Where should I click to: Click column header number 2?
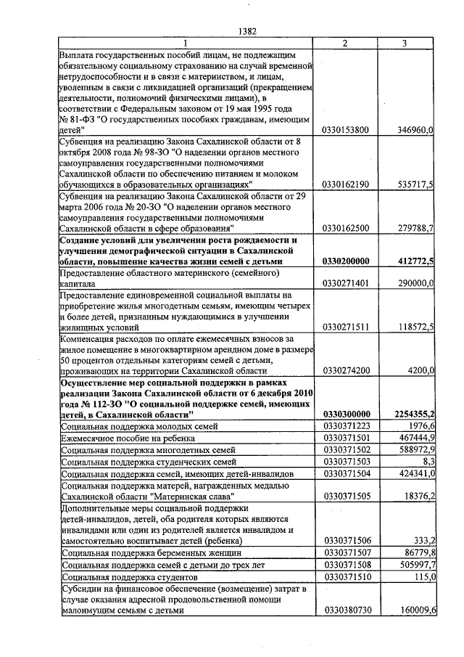(x=344, y=44)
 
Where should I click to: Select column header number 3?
(x=404, y=44)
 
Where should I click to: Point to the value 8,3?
(x=427, y=462)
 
